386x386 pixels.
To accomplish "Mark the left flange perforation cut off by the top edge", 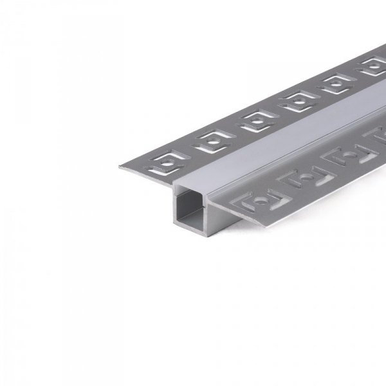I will pyautogui.click(x=372, y=65).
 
